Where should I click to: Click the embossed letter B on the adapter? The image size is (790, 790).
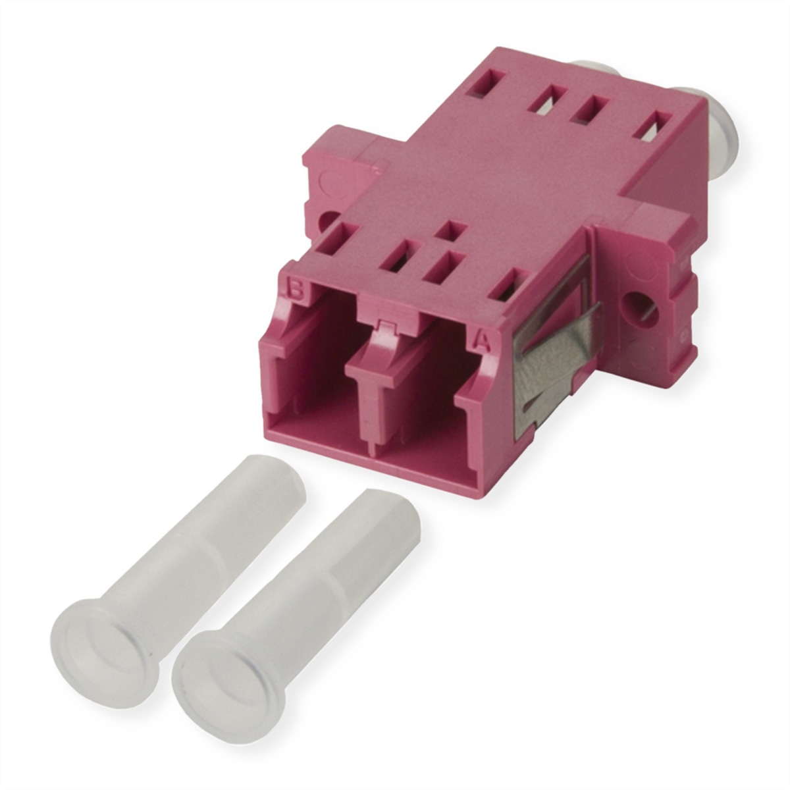point(296,290)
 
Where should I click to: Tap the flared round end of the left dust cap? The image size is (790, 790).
point(105,648)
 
